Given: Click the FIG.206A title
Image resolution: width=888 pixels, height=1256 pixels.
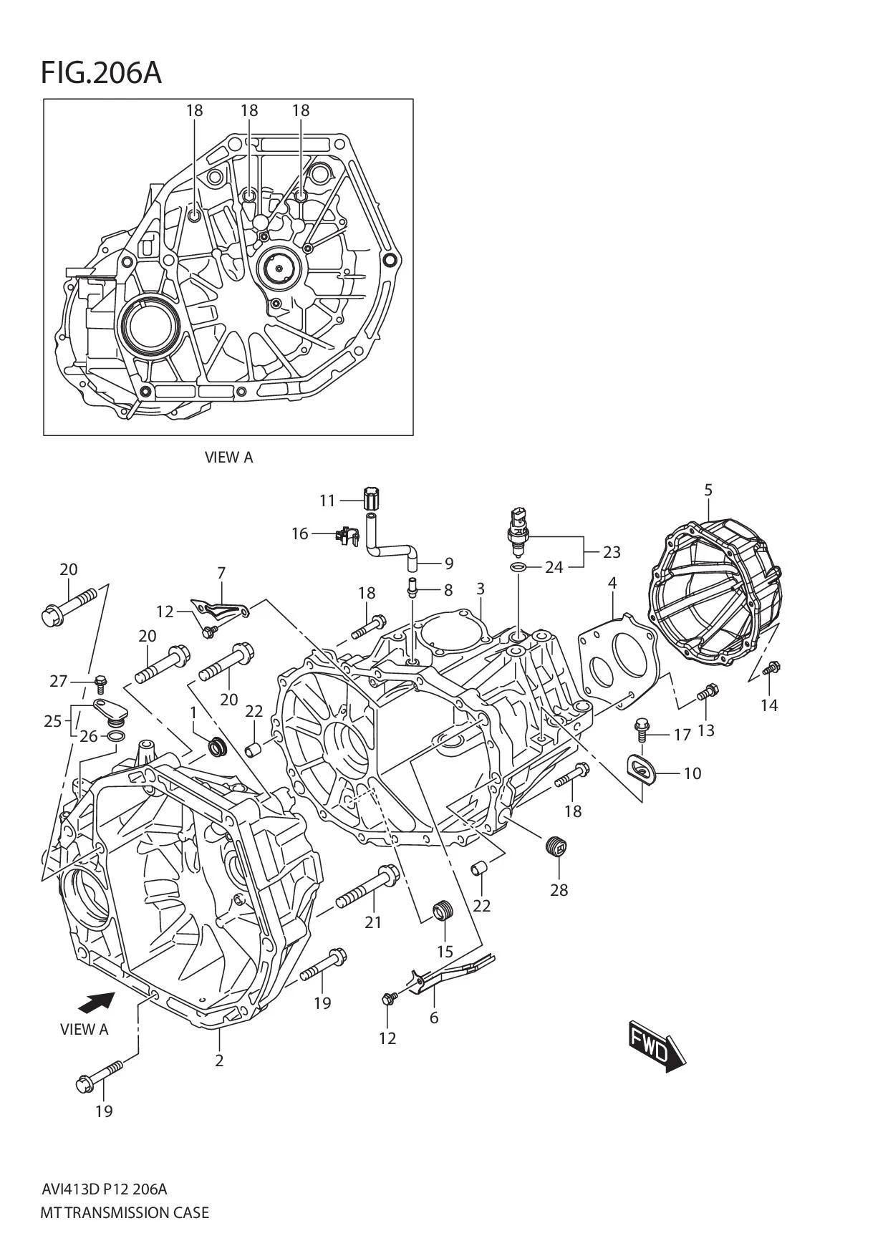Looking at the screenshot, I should point(101,73).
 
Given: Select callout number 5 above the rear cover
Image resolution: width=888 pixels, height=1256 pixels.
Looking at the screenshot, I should point(708,491).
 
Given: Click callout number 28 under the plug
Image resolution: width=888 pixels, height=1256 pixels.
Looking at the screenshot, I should point(559,890).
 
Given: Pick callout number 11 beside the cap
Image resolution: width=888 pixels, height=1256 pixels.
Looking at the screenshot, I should point(327,501).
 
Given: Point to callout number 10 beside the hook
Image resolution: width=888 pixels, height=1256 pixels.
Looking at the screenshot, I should point(692,773).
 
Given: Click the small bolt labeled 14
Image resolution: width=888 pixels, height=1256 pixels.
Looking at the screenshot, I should point(771,669).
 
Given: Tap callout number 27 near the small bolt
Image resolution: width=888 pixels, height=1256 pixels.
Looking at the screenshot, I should point(58,681).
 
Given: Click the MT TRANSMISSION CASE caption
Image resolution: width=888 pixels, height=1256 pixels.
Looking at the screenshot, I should point(125,1213).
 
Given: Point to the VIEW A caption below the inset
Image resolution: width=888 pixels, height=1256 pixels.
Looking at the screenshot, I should point(228,457).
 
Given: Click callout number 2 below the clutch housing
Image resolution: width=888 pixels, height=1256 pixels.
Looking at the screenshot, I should point(219,1061).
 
